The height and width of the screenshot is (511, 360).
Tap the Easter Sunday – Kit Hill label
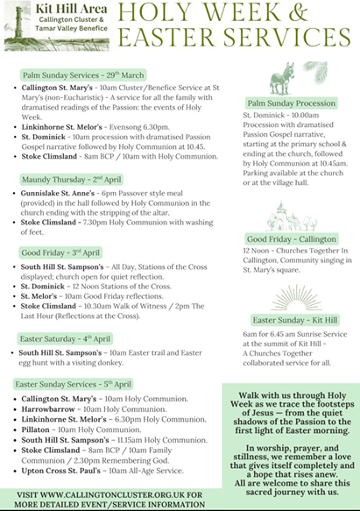pos(289,320)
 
